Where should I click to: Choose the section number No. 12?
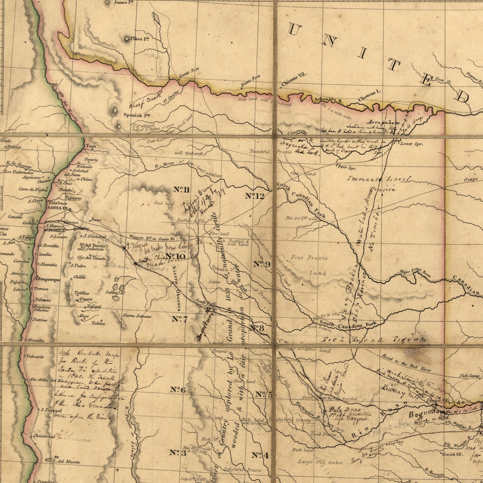point(255,196)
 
